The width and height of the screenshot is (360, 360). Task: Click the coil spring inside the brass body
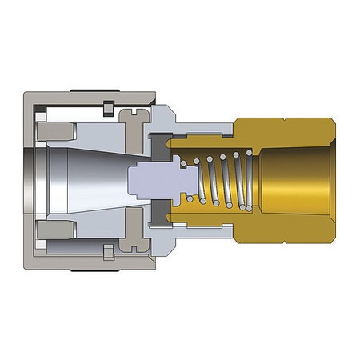[220, 182]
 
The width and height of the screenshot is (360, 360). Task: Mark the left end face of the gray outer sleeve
[29, 179]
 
